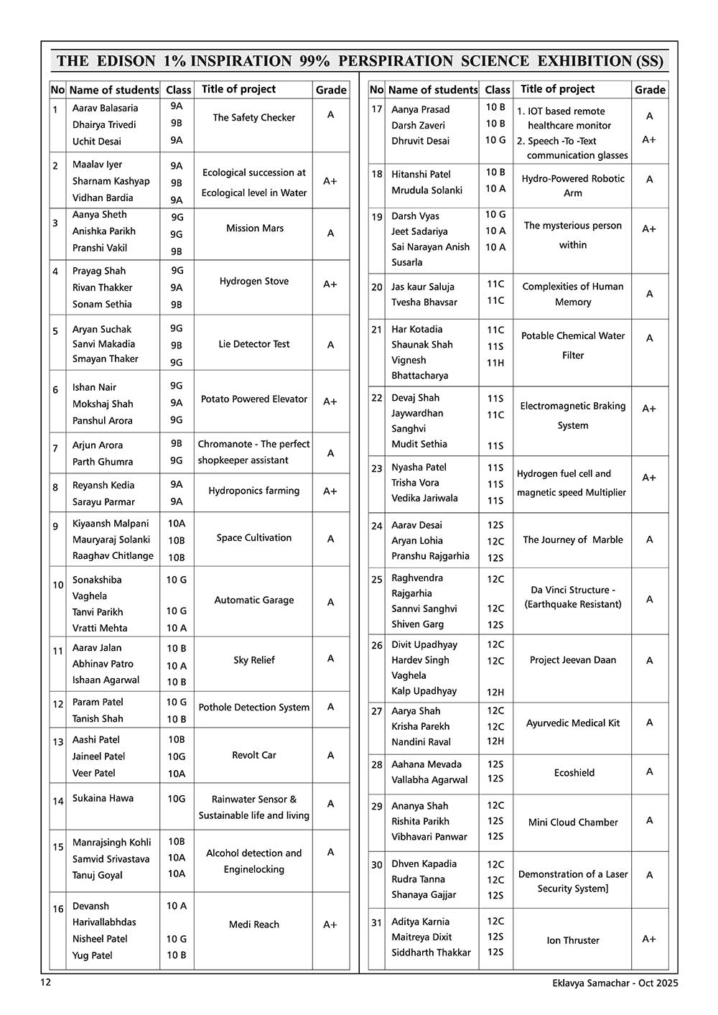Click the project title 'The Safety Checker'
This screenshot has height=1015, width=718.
coord(253,118)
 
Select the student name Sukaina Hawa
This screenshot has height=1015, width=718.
coord(103,798)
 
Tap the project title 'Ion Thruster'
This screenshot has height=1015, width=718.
coord(572,940)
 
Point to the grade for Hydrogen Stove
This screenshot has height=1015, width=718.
coord(330,284)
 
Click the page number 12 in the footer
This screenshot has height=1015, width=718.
coord(46,983)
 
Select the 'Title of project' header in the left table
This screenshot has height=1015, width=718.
coord(238,89)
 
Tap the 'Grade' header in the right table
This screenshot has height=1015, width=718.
coord(650,90)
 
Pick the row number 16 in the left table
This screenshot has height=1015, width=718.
coord(58,909)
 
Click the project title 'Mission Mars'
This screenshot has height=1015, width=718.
coord(254,228)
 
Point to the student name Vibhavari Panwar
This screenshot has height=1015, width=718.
coord(429,837)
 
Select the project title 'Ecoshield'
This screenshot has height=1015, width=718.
coord(574,773)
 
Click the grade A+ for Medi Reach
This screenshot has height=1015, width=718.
coord(330,925)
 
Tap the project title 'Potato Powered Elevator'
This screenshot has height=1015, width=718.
coord(253,399)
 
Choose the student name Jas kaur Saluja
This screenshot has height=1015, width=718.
coord(422,287)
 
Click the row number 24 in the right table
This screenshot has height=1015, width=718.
coord(377,526)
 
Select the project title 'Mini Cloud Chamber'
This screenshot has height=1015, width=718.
coord(572,822)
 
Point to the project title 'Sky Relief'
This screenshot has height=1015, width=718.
coord(253,660)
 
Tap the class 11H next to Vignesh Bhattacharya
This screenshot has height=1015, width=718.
coord(495,363)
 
